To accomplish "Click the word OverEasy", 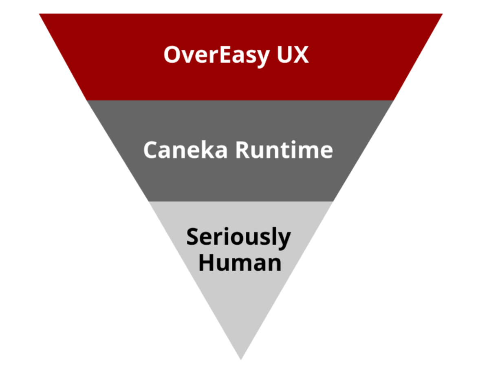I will pyautogui.click(x=216, y=55).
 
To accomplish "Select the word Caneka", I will pyautogui.click(x=185, y=150).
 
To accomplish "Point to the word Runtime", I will pyautogui.click(x=284, y=150).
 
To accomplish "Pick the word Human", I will pyautogui.click(x=240, y=263).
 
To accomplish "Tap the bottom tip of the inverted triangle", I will pyautogui.click(x=241, y=359).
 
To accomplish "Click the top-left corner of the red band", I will pyautogui.click(x=40, y=14).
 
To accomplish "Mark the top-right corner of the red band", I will pyautogui.click(x=442, y=14).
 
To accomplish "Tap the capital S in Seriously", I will pyautogui.click(x=193, y=237).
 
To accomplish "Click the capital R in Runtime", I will pyautogui.click(x=243, y=150).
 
